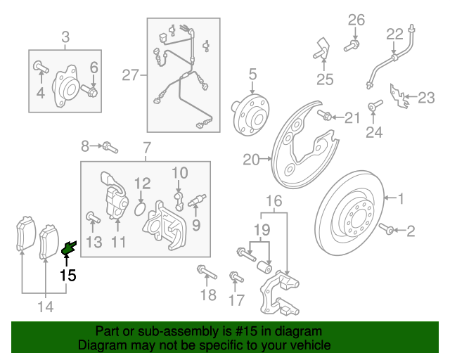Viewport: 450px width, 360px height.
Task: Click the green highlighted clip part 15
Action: tap(69, 247)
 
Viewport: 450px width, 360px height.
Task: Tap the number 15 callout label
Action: tap(67, 275)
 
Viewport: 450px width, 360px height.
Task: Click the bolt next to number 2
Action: tap(385, 229)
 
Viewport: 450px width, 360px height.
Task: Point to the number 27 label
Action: tap(130, 75)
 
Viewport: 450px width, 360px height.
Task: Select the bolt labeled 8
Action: tap(109, 147)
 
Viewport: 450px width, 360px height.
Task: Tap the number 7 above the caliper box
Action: tap(146, 148)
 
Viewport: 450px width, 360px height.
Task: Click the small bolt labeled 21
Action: tap(325, 115)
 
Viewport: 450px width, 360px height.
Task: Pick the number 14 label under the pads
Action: tap(45, 306)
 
